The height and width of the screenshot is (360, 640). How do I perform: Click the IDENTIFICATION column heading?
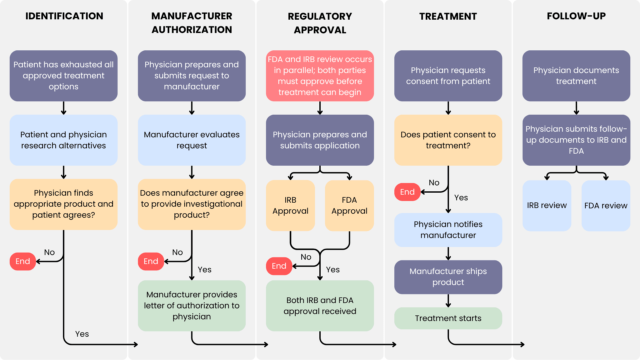(64, 16)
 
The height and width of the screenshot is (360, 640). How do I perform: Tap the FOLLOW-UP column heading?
(576, 16)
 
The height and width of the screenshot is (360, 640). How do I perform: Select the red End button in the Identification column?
(23, 261)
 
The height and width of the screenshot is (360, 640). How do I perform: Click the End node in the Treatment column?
(407, 192)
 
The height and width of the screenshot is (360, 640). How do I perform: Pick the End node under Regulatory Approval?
(279, 266)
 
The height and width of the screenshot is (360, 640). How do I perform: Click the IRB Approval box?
(290, 205)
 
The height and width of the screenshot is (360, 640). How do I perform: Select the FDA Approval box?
(349, 205)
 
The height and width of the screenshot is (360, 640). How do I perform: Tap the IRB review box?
(547, 205)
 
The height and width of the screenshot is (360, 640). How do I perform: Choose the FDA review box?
(606, 205)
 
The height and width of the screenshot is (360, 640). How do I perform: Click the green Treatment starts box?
(448, 318)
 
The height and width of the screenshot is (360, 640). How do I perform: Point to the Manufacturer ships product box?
(448, 277)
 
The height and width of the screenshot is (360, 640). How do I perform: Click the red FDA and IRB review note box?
(320, 76)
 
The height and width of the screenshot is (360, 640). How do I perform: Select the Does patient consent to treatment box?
(448, 140)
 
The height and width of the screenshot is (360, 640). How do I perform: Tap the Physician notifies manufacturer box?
(448, 230)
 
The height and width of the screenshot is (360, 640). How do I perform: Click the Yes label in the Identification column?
(82, 334)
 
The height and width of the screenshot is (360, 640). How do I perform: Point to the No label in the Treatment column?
(434, 183)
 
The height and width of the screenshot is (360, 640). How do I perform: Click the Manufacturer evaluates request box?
(192, 140)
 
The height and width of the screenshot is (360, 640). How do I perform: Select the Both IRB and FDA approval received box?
(320, 306)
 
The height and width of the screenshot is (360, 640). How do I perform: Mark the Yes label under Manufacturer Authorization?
(204, 270)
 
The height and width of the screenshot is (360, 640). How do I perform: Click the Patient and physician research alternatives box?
(63, 140)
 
